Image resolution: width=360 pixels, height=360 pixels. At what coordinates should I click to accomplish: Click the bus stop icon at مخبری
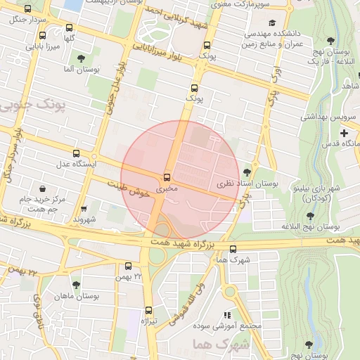[167, 177]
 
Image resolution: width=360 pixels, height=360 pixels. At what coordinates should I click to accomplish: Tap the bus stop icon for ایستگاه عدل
[76, 153]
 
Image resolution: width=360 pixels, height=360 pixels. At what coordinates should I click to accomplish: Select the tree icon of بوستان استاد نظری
[246, 172]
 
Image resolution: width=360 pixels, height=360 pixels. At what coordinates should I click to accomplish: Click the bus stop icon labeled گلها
[68, 28]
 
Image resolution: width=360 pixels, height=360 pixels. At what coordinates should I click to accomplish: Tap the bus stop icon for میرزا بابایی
[43, 36]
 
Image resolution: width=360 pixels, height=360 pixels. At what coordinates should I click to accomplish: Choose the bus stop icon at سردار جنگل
[27, 9]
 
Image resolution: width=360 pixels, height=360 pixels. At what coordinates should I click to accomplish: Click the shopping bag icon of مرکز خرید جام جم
[44, 189]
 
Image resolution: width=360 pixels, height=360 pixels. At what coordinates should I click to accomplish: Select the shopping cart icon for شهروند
[84, 209]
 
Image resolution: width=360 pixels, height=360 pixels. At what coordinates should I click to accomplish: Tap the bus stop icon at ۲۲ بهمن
[128, 266]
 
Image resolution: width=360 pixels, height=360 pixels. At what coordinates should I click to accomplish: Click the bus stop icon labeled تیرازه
[148, 310]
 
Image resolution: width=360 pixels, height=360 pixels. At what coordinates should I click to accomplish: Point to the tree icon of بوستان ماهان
[76, 285]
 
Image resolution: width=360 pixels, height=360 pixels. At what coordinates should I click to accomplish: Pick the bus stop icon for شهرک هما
[233, 248]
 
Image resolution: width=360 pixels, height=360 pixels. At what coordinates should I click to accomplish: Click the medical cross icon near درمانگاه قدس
[344, 134]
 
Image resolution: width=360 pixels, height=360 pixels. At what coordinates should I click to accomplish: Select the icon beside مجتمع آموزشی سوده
[226, 316]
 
